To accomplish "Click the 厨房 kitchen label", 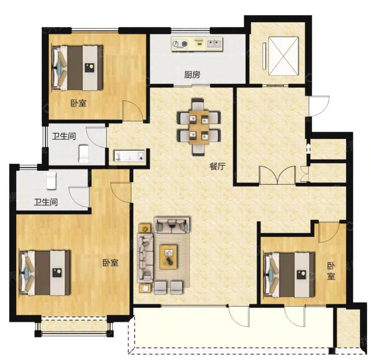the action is coord(192,75).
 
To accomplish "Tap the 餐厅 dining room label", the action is coord(218,166).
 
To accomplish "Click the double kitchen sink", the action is coord(214,44).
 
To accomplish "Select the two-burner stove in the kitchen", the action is coord(180,44).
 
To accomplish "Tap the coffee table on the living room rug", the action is coord(168,257).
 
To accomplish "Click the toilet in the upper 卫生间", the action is coord(83,154).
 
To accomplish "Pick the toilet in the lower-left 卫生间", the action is coord(51,180).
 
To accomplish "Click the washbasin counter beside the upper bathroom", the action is coord(129,156).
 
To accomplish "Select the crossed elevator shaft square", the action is coord(283,56).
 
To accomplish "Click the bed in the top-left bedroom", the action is coord(77,68).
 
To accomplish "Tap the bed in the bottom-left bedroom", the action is coord(45,273).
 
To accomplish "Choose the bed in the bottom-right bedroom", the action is coord(289,275).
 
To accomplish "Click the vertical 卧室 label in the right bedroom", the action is coord(331,271).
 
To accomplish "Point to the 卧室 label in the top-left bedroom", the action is coord(79,103).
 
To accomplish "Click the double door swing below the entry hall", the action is coord(277,175).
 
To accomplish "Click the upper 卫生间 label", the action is coord(64,136).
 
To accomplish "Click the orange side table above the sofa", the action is coord(145,229).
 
